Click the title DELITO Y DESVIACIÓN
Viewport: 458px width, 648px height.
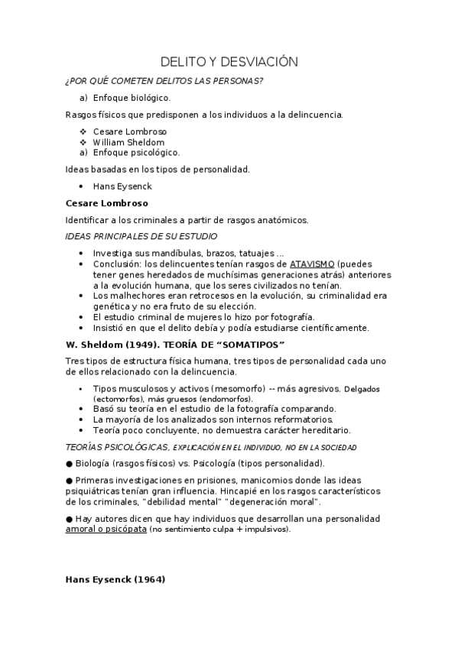229,62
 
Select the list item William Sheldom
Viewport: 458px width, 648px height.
128,142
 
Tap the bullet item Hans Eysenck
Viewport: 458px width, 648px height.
122,186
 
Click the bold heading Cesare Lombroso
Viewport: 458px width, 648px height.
107,203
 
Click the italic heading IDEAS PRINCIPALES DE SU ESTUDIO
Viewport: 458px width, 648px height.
141,236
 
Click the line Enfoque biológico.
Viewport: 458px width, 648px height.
132,98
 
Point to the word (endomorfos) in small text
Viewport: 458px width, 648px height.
232,399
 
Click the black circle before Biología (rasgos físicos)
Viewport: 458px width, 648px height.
70,463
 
